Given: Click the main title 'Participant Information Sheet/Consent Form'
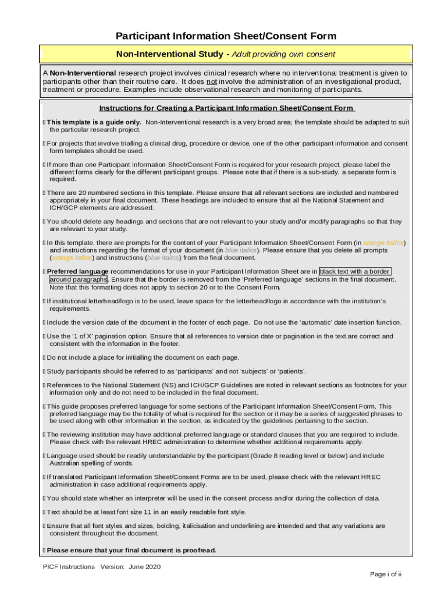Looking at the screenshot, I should point(226,36).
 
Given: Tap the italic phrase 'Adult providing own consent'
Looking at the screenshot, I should point(284,54).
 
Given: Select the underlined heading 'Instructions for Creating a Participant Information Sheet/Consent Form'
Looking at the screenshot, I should point(226,108).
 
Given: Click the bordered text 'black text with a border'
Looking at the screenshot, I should point(354,271).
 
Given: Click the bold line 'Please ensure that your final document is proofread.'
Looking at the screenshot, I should point(131,550).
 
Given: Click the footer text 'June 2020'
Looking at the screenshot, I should point(145,566).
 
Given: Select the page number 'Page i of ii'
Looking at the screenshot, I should point(386,574).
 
